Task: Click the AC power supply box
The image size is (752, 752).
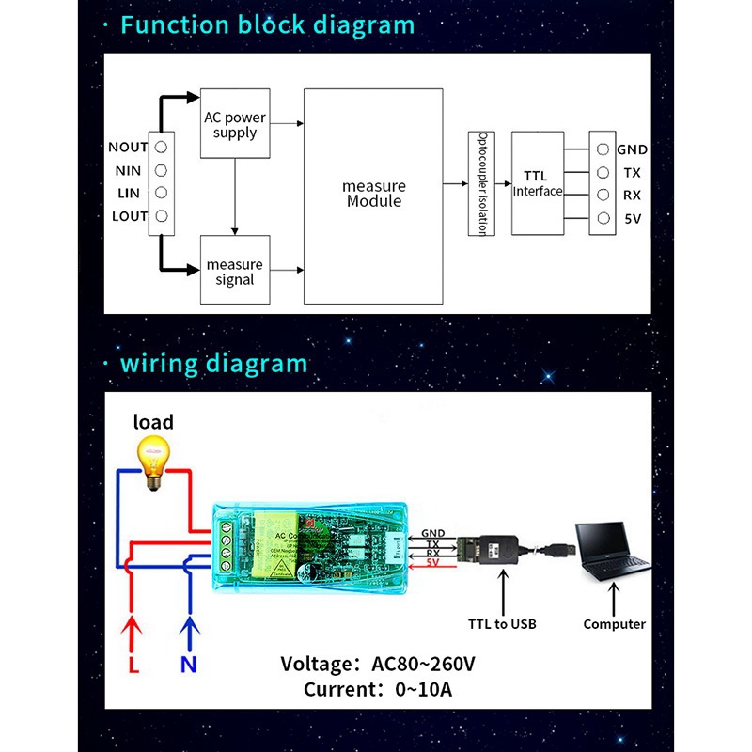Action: (x=235, y=125)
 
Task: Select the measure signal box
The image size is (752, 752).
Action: (x=235, y=272)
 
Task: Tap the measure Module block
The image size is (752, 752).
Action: (x=373, y=195)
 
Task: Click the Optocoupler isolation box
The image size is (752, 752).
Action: (x=480, y=183)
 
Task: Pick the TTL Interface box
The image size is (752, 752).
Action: (x=538, y=183)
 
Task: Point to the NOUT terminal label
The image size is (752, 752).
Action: (x=128, y=148)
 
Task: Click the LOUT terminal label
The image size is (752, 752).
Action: (x=129, y=216)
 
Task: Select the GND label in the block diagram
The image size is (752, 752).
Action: (x=633, y=149)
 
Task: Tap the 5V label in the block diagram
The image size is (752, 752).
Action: (x=632, y=220)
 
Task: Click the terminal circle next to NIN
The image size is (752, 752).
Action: (x=162, y=170)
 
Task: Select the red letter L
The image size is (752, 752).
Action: (x=133, y=665)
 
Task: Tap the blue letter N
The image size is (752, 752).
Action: (x=190, y=665)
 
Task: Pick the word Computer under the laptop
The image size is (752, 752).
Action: (x=614, y=623)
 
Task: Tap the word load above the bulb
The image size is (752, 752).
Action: (x=153, y=422)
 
